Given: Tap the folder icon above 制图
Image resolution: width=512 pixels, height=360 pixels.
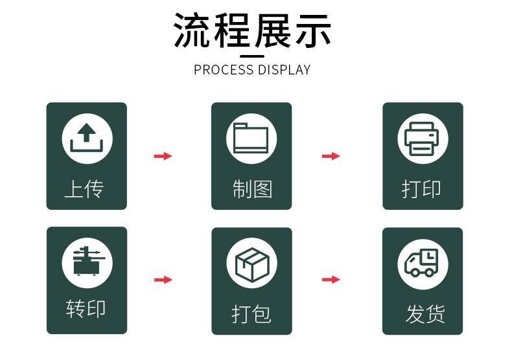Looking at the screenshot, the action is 251,138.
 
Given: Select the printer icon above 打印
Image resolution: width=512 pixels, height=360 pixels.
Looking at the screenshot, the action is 421,139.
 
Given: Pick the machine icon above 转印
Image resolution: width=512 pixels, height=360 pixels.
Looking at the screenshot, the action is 87,261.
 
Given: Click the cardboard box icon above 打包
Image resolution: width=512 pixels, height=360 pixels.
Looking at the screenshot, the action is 252,264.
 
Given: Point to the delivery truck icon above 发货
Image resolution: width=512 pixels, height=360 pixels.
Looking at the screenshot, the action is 421,263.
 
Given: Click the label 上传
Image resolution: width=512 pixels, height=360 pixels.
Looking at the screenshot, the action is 84,189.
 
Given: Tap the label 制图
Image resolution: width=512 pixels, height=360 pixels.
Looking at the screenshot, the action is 252,189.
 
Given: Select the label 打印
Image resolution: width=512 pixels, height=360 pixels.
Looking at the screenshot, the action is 421,189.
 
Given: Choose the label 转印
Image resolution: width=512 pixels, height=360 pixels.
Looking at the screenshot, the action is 86,308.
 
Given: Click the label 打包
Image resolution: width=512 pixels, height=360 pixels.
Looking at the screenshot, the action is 251,314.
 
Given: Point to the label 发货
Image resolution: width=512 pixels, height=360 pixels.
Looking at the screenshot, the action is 425,313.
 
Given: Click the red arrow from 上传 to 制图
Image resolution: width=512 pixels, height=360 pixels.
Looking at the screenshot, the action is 163,156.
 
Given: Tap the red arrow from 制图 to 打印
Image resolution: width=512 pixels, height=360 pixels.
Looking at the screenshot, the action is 331,156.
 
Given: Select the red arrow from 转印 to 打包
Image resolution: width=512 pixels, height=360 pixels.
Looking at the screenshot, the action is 163,280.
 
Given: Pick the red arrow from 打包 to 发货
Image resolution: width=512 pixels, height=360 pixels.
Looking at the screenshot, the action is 331,279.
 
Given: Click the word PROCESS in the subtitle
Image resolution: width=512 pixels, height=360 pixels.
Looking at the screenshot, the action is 224,70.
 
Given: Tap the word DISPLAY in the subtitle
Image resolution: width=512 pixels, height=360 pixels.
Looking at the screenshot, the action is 284,70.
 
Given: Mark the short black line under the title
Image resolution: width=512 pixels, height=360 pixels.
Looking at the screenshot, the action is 252,56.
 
